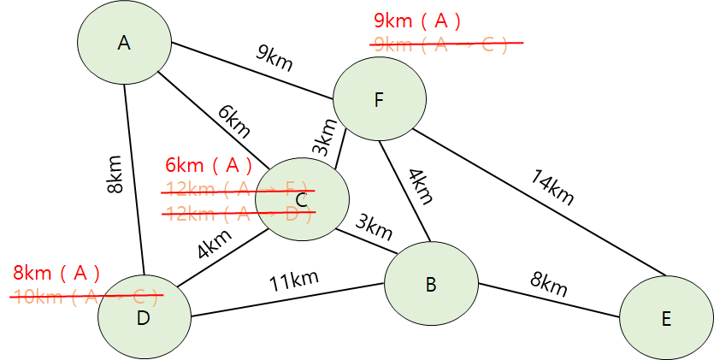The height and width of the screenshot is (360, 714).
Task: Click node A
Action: coord(125,42)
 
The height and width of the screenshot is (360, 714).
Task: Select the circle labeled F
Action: coord(379,100)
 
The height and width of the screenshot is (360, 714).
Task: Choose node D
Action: coord(143,317)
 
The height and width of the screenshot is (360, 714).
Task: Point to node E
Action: coord(665,319)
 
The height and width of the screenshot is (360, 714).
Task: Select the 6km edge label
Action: coord(233,122)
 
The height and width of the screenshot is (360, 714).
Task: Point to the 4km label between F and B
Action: coord(419,186)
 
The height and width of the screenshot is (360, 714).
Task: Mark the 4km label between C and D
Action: coord(214,245)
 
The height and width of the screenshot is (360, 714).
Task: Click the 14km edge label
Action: coord(552,188)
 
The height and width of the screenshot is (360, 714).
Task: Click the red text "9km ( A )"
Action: coord(417,21)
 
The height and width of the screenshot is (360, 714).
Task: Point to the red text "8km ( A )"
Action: coord(56,274)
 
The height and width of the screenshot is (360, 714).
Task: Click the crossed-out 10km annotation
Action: coord(86,297)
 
